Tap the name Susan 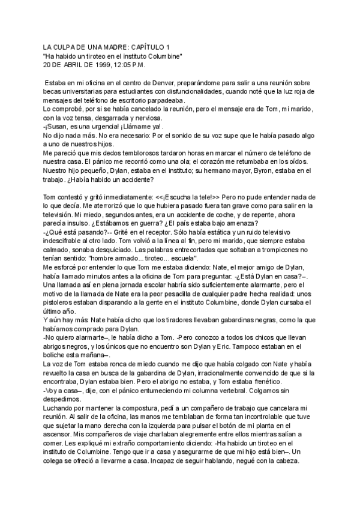point(60,127)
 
